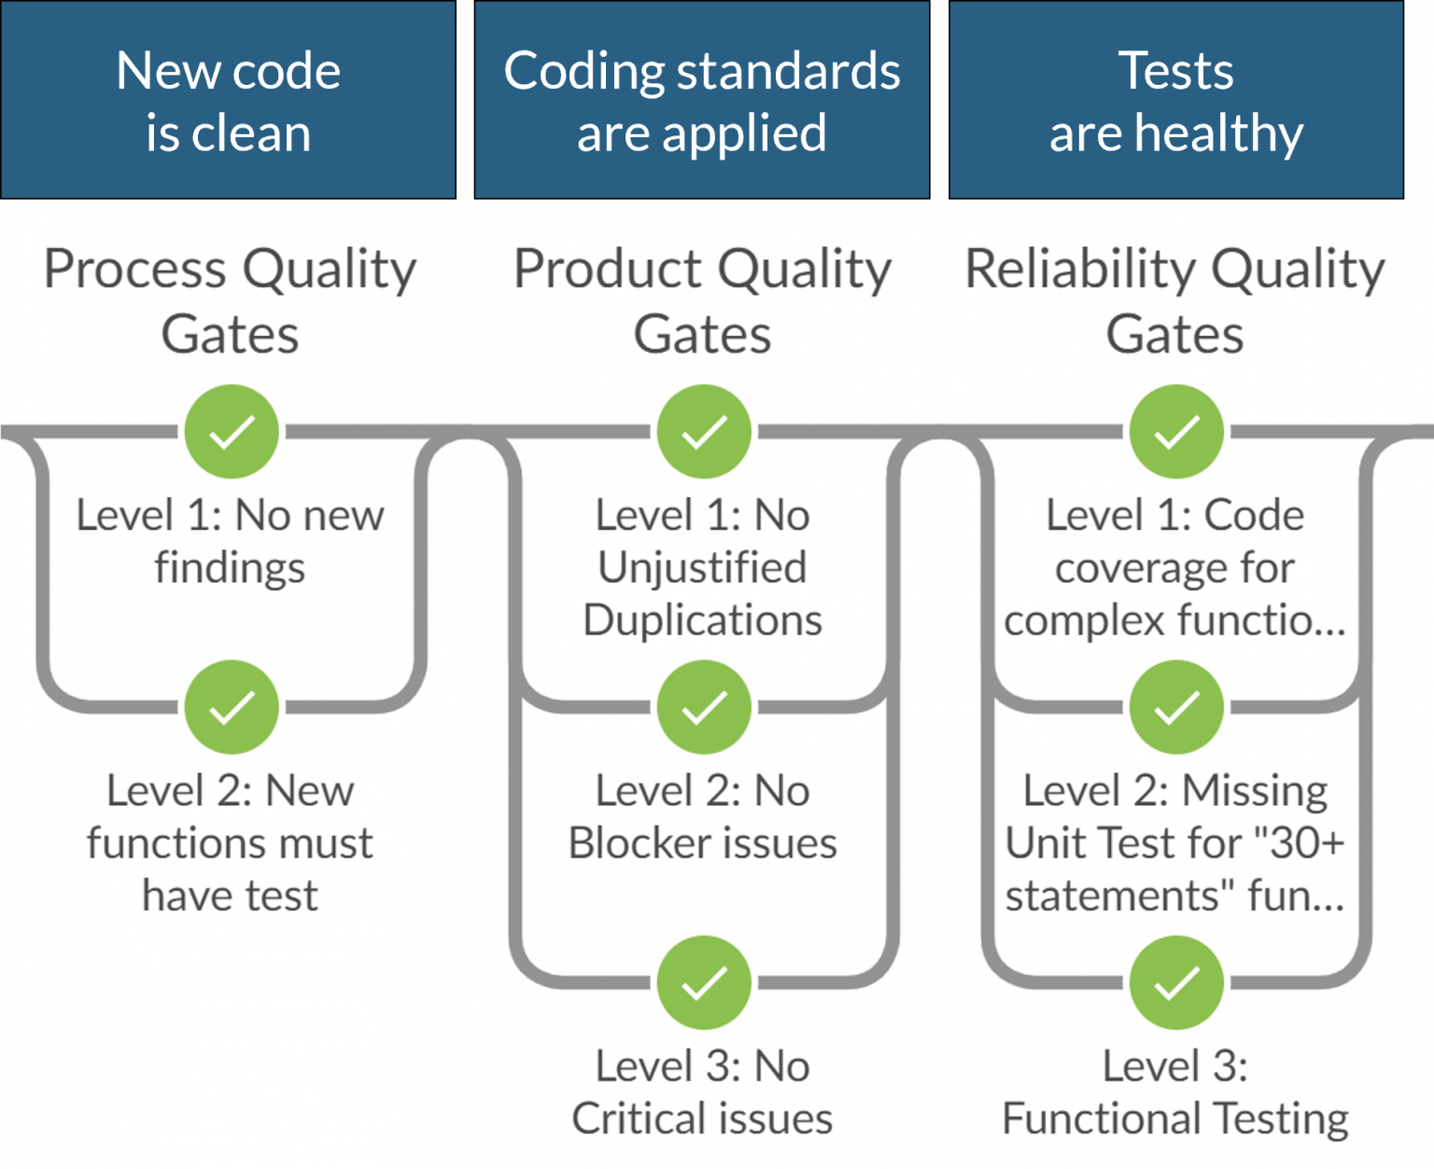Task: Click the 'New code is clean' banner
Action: (x=228, y=100)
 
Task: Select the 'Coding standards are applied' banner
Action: (x=702, y=100)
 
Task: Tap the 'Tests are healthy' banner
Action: (x=1176, y=100)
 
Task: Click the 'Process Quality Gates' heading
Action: (x=231, y=300)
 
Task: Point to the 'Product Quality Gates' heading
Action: (x=703, y=300)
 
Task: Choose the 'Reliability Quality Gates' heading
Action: (x=1175, y=300)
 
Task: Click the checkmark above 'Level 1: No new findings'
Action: (x=232, y=431)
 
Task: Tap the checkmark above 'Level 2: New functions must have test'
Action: (x=232, y=707)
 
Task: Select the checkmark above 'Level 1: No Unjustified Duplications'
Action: (x=704, y=431)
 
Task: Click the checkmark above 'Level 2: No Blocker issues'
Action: (x=704, y=707)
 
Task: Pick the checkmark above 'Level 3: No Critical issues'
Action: (x=704, y=982)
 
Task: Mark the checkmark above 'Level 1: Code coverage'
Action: (x=1176, y=431)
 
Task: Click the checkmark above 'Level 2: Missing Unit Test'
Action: (x=1176, y=707)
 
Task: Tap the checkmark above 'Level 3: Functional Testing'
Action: (x=1176, y=982)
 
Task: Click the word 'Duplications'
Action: (x=703, y=620)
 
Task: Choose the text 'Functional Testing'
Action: (x=1175, y=1119)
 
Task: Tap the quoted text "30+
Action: (x=1299, y=843)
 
